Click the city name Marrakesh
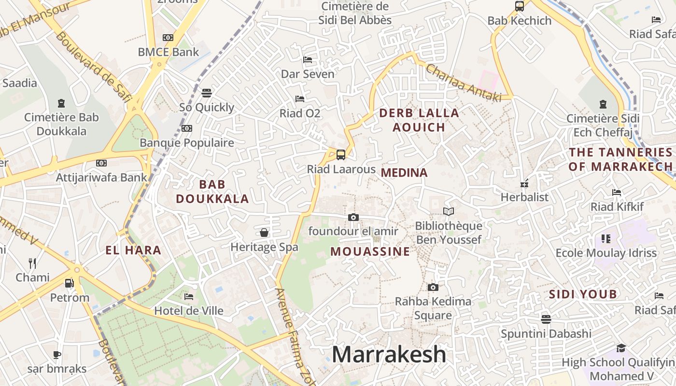[389, 355]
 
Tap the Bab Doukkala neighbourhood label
[212, 192]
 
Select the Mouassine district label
[370, 251]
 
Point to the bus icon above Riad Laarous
[341, 155]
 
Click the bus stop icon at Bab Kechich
[520, 6]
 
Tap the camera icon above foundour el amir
[353, 217]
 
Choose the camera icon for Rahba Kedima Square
[433, 287]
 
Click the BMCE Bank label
[168, 52]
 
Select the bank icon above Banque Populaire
[187, 128]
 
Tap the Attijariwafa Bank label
[101, 177]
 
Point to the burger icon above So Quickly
[207, 93]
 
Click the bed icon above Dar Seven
[308, 60]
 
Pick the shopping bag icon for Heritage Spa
[264, 233]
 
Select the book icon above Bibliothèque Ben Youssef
[449, 211]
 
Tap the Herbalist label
[524, 197]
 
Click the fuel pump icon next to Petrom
[70, 283]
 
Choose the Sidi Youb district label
[583, 294]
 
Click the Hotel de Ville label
[189, 311]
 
